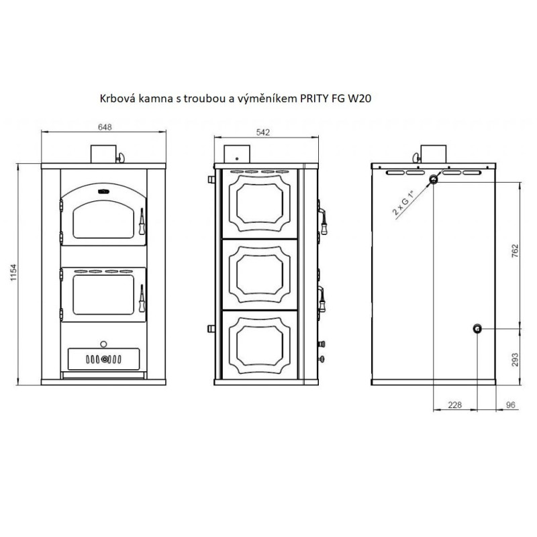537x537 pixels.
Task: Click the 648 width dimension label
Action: click(105, 127)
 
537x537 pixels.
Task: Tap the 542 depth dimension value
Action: click(263, 132)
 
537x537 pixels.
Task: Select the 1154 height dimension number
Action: click(13, 273)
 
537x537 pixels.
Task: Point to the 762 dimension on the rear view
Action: click(515, 251)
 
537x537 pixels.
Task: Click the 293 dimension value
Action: click(515, 360)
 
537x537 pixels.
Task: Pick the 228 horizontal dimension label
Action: click(455, 405)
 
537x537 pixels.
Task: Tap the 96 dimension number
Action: click(510, 405)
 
